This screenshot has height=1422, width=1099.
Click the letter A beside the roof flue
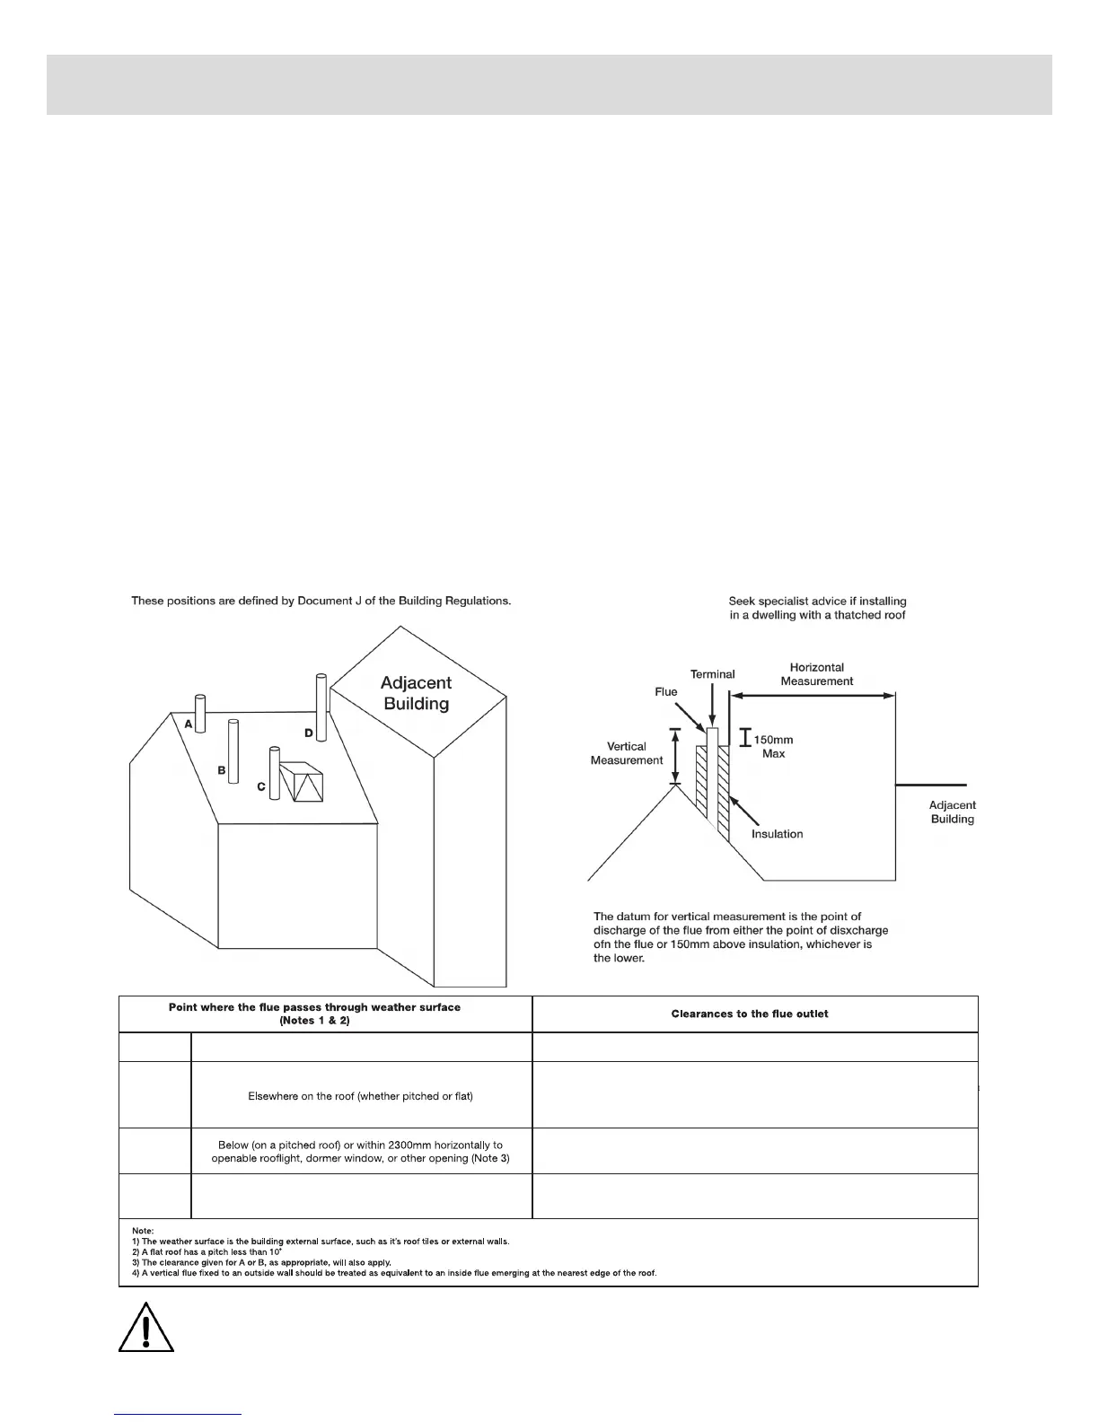(190, 724)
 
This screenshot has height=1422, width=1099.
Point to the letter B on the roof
(221, 770)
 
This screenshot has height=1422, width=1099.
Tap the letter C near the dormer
(261, 787)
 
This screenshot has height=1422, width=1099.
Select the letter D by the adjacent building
(309, 733)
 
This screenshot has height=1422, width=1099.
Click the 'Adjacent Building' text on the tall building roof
(416, 694)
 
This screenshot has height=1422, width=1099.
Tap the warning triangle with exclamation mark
(145, 1325)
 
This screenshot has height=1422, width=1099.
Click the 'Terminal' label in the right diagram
(712, 674)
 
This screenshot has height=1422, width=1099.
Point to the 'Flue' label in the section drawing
(665, 692)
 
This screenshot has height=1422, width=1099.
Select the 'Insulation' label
(777, 834)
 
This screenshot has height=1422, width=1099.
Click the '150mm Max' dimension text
(774, 747)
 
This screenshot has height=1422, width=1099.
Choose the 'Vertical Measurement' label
(627, 753)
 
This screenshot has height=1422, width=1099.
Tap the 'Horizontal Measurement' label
(816, 674)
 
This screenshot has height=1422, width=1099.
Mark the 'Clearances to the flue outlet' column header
(750, 1014)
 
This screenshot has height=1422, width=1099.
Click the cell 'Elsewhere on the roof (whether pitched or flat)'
(360, 1096)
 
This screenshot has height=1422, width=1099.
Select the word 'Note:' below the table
(143, 1231)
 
